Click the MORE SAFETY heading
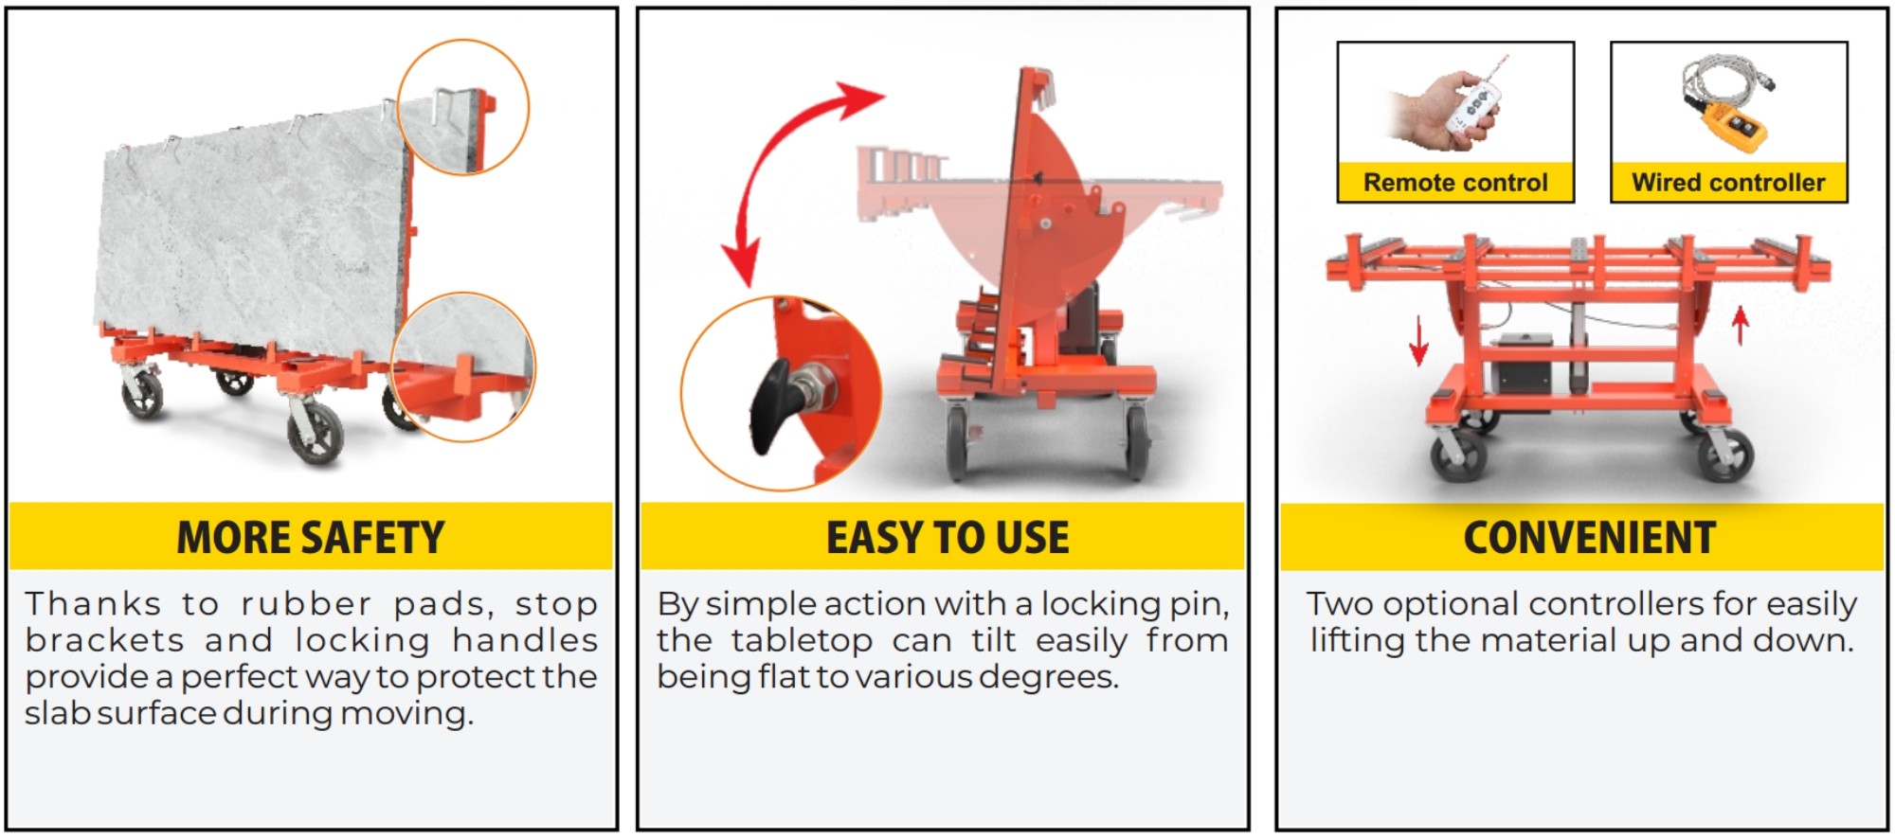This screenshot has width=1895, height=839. (311, 538)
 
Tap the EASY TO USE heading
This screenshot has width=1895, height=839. (947, 538)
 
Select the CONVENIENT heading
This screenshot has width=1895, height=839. (1589, 538)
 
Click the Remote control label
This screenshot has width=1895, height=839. (1455, 183)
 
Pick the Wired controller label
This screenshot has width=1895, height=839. (1728, 183)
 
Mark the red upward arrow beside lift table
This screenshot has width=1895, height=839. (1740, 325)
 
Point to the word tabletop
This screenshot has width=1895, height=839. (802, 641)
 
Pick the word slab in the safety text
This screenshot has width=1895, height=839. (57, 713)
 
